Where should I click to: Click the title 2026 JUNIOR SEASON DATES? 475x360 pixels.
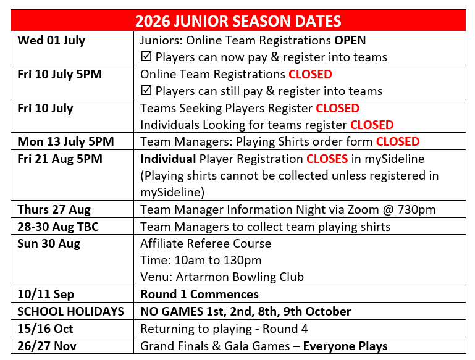(x=238, y=21)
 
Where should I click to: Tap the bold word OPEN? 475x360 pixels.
(x=350, y=40)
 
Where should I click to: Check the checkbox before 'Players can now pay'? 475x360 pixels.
(x=146, y=57)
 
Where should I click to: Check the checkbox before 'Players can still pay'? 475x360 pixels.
(x=146, y=91)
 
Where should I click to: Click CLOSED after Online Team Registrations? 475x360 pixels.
(x=310, y=74)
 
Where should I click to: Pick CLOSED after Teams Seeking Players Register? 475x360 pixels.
(x=337, y=108)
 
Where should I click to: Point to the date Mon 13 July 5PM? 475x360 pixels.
(x=65, y=141)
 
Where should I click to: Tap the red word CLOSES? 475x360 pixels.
(x=327, y=159)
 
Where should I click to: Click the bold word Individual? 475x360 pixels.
(x=168, y=159)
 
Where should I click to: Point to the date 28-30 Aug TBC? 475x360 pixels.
(x=58, y=227)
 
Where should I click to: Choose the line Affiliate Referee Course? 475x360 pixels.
(x=206, y=243)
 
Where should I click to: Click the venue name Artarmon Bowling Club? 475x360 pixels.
(x=240, y=277)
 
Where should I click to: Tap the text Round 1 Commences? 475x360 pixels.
(x=200, y=294)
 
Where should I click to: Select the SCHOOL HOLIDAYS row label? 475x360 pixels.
(x=70, y=311)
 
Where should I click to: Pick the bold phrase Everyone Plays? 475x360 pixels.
(x=345, y=346)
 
